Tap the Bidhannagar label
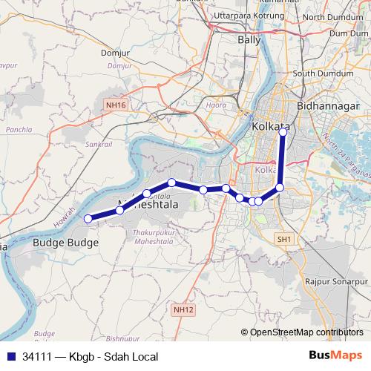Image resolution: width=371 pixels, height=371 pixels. coord(327,107)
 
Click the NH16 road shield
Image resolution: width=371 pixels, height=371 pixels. coord(115,106)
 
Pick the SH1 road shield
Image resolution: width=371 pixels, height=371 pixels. coord(285,239)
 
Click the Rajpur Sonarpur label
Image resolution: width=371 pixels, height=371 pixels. coord(336,283)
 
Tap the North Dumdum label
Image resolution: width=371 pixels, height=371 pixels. coord(334,16)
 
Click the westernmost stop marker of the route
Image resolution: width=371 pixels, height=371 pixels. coord(88,218)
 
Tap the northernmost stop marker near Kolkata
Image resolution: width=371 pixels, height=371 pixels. coord(283,132)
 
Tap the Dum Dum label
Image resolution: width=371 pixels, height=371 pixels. coord(349,33)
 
